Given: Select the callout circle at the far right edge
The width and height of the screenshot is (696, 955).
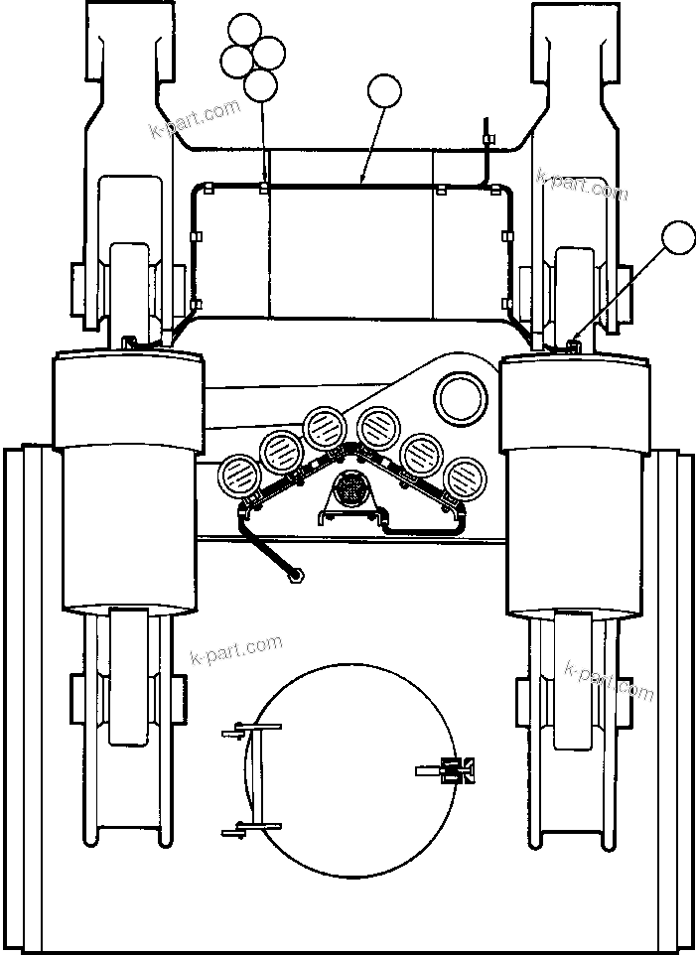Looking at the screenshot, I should (679, 238).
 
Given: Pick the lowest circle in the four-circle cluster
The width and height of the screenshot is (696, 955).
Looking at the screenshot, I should (261, 85).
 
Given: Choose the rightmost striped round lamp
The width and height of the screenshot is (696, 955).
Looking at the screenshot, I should (463, 475).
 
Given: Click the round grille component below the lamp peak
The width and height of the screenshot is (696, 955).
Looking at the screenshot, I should (350, 489).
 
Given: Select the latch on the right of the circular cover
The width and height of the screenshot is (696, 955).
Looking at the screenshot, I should (452, 769).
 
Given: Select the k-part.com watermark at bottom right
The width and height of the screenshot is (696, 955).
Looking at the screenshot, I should (609, 679).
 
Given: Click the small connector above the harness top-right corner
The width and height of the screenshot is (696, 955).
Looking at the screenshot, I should (487, 132).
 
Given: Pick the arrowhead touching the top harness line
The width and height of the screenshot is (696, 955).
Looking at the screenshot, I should (363, 181).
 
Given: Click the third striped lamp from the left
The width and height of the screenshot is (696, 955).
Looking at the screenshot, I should (324, 427).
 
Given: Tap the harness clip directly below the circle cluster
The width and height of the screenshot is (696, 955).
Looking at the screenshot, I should (263, 187).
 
